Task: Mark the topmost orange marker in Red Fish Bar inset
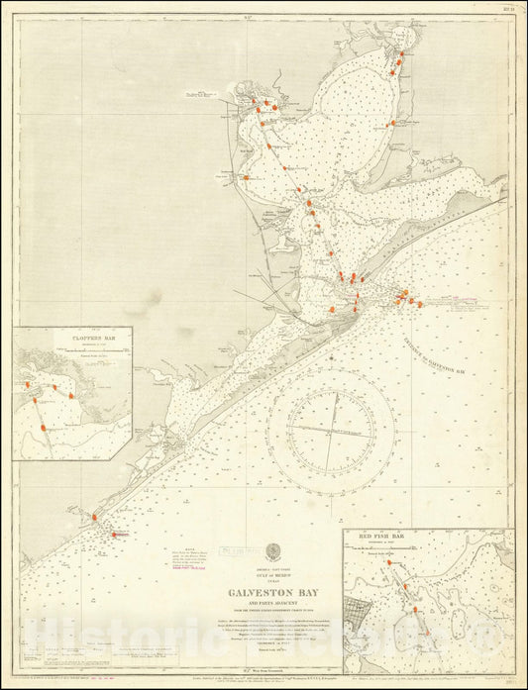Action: [390, 562]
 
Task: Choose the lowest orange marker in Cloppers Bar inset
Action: [44, 428]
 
